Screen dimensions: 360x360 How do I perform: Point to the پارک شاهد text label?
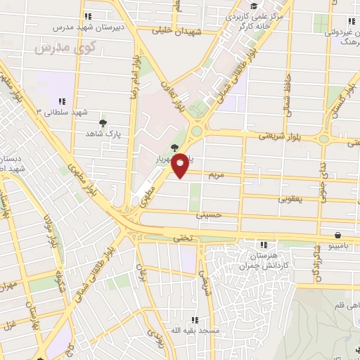pos(104,133)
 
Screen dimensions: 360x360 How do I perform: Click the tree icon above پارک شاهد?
pos(103,122)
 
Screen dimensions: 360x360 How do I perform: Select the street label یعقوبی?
pos(289,199)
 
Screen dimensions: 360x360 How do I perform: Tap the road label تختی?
pos(182,238)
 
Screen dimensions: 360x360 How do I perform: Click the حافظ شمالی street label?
pos(287,93)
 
